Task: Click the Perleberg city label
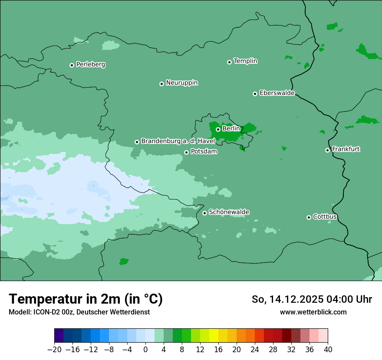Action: click(90, 65)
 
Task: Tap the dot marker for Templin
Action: click(229, 62)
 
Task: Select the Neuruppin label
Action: click(181, 83)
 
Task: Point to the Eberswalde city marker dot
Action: click(255, 94)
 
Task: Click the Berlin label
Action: click(231, 129)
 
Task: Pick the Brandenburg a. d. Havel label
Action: click(178, 141)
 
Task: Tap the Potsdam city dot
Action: click(186, 152)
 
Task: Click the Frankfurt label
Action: click(346, 149)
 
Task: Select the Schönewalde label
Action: click(229, 212)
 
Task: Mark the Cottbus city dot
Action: click(309, 217)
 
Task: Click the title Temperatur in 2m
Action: click(86, 299)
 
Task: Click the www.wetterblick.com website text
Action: click(313, 312)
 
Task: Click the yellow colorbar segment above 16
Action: click(214, 336)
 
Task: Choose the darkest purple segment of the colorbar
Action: click(59, 336)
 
